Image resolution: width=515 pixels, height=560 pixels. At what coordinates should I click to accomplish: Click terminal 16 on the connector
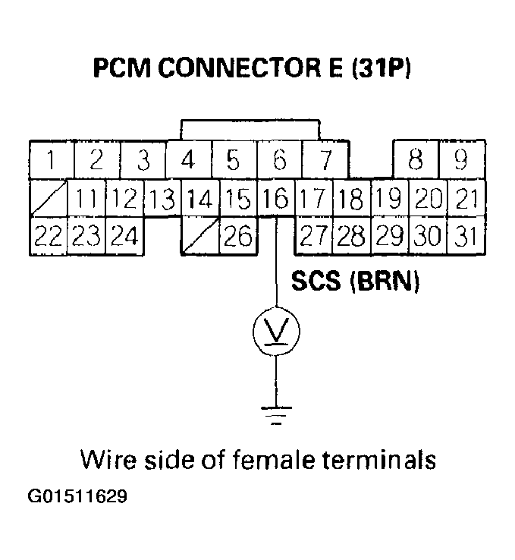tap(276, 199)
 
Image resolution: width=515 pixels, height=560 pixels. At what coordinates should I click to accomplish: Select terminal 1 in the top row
tap(49, 161)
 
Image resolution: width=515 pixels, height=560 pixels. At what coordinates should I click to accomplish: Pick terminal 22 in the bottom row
tap(49, 236)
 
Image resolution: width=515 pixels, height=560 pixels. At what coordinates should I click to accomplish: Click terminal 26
tap(238, 236)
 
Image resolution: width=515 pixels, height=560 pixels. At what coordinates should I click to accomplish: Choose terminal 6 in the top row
tap(279, 161)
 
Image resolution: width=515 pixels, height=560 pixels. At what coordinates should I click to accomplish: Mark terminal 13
tap(162, 199)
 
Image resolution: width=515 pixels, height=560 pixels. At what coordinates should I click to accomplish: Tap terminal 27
tap(312, 236)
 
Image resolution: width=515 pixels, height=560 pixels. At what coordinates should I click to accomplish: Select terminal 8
tap(416, 161)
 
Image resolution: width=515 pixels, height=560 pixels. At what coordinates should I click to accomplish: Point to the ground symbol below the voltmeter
tap(275, 414)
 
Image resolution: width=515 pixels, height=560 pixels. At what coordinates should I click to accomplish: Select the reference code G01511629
tap(77, 498)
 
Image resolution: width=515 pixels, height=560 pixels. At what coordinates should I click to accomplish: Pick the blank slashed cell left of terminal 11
tap(49, 199)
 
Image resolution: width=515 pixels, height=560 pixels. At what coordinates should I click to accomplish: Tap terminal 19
tap(388, 199)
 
